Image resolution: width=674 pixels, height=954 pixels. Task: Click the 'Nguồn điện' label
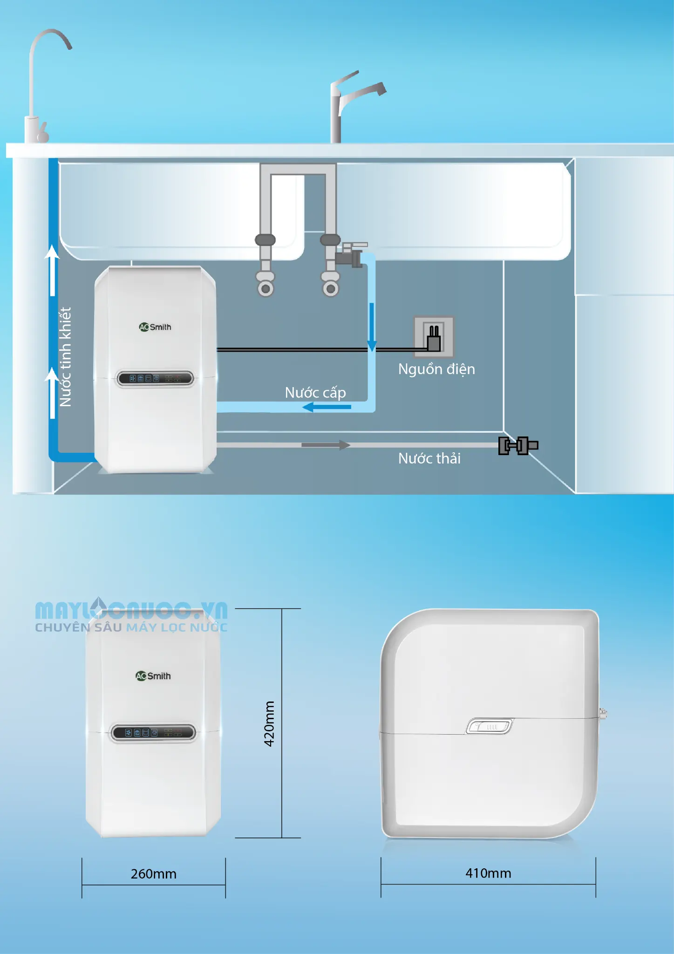click(x=436, y=369)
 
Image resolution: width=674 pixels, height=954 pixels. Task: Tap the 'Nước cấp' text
click(x=315, y=393)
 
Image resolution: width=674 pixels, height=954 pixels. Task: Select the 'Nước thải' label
click(x=429, y=458)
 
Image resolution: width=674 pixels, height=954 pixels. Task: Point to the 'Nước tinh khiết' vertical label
click(x=65, y=357)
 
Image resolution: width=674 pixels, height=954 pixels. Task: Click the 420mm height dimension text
click(x=269, y=723)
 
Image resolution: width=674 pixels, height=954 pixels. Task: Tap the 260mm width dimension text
click(x=154, y=874)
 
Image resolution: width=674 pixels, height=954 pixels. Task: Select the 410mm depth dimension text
click(x=488, y=873)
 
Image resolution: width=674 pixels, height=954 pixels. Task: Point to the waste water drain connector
click(x=518, y=446)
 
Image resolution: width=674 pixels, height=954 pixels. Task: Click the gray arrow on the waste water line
click(x=326, y=445)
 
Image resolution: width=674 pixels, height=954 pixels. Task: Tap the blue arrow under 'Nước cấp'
click(x=327, y=407)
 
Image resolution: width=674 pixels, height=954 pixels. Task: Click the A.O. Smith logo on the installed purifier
click(x=155, y=327)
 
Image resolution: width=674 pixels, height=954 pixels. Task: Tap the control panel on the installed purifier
click(x=155, y=378)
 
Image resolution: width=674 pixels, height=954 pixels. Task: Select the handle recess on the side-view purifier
click(x=490, y=726)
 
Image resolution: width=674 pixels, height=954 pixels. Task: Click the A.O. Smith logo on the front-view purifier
click(x=153, y=676)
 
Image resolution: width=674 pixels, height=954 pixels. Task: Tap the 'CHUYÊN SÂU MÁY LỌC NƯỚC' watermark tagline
click(x=131, y=627)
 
